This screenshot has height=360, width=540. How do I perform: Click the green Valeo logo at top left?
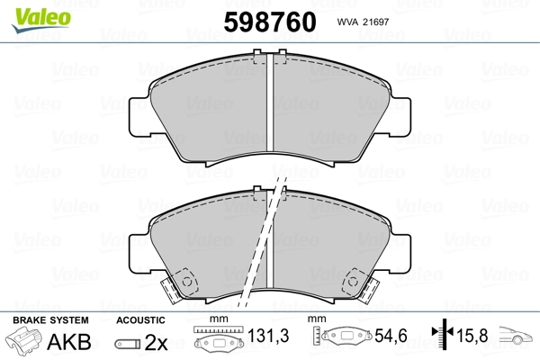[x=40, y=20]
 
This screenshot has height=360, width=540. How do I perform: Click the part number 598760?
[x=270, y=22]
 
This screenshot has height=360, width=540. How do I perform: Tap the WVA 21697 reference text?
[x=363, y=22]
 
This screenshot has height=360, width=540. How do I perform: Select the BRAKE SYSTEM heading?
[x=50, y=320]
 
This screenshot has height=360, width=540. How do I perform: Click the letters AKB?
[x=69, y=342]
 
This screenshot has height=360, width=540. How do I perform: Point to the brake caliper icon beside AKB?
[x=23, y=340]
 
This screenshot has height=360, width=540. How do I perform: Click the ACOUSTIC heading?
[x=140, y=320]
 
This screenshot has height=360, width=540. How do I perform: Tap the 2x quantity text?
[x=156, y=342]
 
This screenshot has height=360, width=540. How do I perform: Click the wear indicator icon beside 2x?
[x=128, y=344]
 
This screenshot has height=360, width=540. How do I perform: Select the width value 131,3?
[x=268, y=336]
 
